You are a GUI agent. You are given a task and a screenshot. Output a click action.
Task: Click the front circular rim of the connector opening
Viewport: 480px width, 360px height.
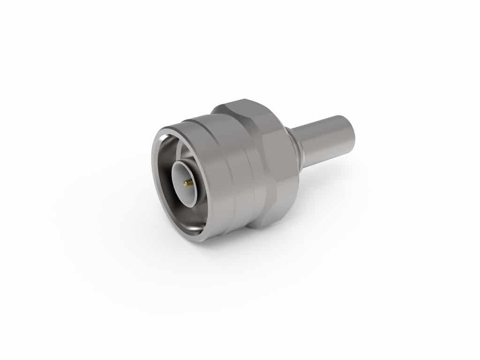(x=155, y=187)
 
